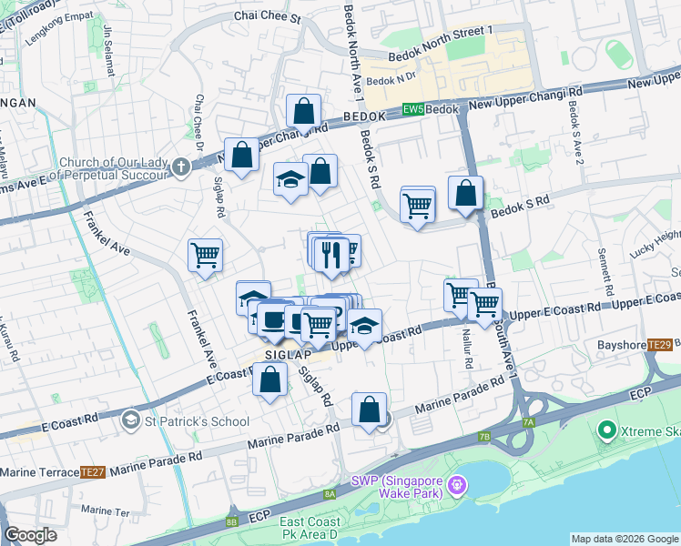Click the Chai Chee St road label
267,16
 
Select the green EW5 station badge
412,109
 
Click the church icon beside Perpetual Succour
180,166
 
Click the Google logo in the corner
30,535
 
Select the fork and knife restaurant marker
331,254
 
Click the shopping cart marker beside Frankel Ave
205,255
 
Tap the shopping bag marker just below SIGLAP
270,381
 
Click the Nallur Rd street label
469,349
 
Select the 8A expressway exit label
330,494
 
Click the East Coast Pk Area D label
310,528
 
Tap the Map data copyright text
624,539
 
